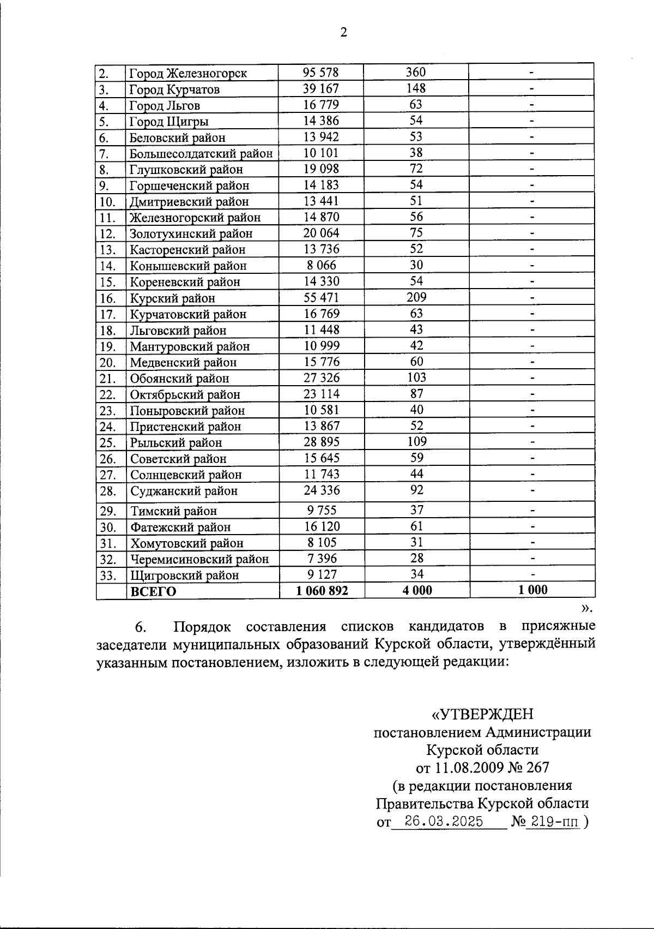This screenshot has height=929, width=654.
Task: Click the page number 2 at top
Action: tap(343, 33)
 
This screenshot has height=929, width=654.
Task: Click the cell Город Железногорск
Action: tap(188, 73)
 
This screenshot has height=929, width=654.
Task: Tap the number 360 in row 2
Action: tap(416, 72)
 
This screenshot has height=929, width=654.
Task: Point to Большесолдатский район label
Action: tap(201, 153)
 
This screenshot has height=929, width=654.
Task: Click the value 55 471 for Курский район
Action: tap(321, 297)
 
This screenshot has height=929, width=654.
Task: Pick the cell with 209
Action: tap(416, 297)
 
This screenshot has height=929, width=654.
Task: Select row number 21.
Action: tap(107, 378)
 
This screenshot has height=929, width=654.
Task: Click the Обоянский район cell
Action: tap(179, 378)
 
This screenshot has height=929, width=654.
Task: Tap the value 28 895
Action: tap(321, 442)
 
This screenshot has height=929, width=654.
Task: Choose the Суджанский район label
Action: tap(184, 491)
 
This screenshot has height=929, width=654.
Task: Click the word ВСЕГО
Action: tap(153, 591)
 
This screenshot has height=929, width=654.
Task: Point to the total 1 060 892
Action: tap(322, 590)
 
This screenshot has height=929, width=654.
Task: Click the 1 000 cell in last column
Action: tap(532, 590)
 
